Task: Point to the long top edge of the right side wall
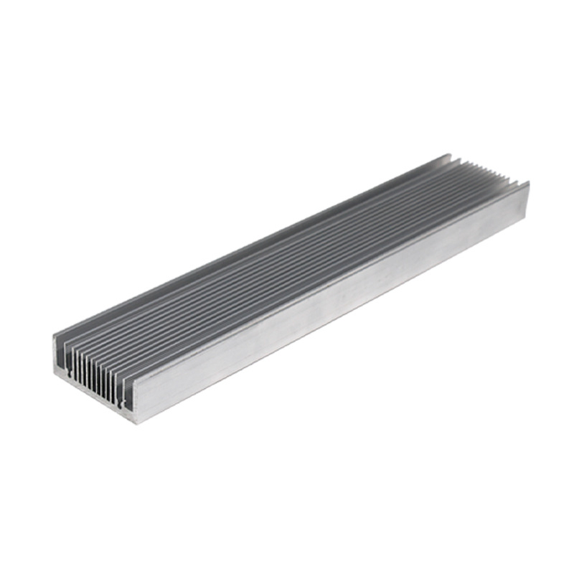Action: tap(330, 280)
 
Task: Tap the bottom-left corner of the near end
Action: tap(55, 375)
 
